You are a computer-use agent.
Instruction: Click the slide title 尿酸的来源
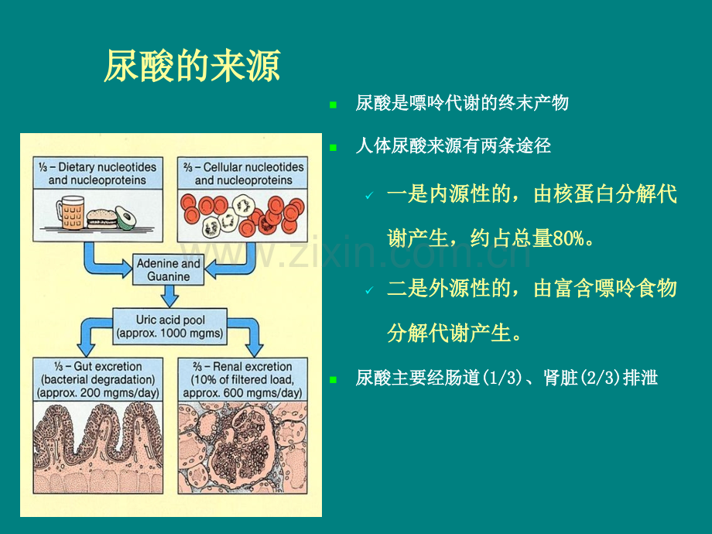[192, 66]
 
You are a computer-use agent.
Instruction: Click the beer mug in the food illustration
[70, 212]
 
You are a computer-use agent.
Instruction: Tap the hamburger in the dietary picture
[101, 219]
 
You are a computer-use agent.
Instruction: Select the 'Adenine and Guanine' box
[169, 270]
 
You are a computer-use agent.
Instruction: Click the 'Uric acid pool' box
[169, 326]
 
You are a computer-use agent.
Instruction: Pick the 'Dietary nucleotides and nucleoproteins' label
[98, 173]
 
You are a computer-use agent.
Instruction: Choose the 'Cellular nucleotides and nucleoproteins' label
[242, 173]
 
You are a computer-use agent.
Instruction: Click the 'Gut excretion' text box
[98, 379]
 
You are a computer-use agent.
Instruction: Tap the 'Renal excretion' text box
[242, 379]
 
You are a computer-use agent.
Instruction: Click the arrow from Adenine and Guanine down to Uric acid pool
[169, 296]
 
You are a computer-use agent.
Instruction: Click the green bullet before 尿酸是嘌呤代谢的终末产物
[334, 105]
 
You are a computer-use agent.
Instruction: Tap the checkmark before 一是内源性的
[370, 196]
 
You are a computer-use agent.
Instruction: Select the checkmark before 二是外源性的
[370, 290]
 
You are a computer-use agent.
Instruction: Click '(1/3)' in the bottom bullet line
[501, 378]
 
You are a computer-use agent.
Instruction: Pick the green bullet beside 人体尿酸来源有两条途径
[334, 148]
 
